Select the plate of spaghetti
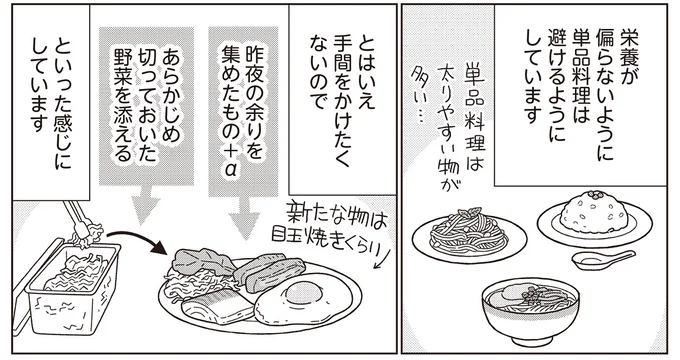point(469,236)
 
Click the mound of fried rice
point(594,209)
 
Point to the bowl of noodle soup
point(530,310)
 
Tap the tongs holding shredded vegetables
point(82,222)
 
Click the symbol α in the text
point(230,170)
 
